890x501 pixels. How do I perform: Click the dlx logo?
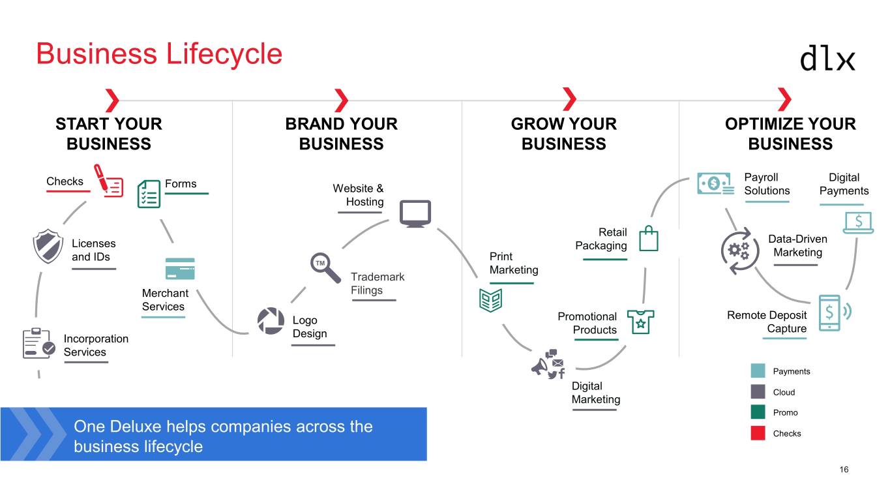pos(827,58)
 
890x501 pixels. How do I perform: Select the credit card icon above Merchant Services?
pos(180,269)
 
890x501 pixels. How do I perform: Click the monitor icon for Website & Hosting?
pos(415,213)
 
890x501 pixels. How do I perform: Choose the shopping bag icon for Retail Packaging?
pos(649,238)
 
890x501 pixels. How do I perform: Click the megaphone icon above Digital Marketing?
pos(547,365)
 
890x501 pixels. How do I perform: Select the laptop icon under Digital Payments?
pos(858,222)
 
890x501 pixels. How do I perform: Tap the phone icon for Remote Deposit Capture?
pos(831,312)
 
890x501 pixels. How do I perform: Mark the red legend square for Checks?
pos(758,433)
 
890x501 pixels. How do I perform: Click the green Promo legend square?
pos(758,412)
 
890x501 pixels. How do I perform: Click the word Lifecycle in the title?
pos(224,53)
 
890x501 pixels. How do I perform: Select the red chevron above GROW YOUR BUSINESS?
pos(569,100)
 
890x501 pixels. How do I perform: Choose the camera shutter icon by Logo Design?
pos(271,320)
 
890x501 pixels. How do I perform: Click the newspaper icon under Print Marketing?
pos(490,299)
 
